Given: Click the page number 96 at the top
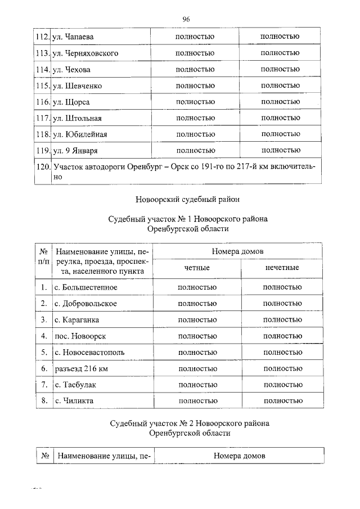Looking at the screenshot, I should click(186, 19).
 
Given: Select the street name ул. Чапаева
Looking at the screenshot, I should click(73, 37).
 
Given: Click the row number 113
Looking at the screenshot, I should click(42, 53).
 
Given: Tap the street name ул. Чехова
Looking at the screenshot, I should click(71, 70).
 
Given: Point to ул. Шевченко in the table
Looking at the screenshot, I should click(76, 86).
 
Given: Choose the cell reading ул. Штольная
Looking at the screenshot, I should click(76, 119).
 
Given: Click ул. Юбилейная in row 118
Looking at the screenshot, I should click(79, 135).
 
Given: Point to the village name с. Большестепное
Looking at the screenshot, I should click(86, 287).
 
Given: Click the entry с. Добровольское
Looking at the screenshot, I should click(85, 304).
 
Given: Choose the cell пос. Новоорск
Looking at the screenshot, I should click(80, 336).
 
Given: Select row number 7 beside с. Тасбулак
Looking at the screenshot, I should click(43, 385).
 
